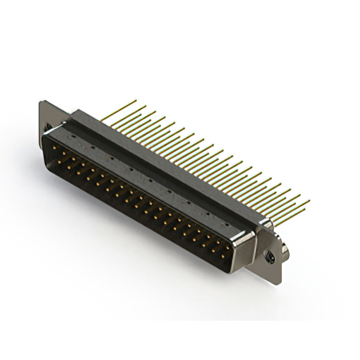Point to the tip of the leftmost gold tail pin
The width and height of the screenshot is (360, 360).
click(136, 101)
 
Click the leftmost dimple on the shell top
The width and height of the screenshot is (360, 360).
click(73, 137)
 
